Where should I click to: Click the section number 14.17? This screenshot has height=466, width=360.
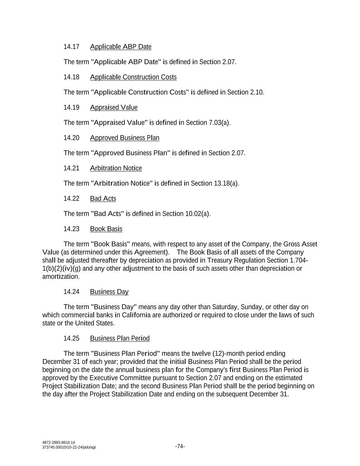point(71,47)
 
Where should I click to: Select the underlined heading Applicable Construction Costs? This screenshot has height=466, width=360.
point(133,77)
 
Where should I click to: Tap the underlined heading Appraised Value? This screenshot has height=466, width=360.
point(114,108)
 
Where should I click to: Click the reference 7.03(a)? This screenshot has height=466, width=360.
point(219,123)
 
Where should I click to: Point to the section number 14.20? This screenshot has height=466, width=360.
point(71,138)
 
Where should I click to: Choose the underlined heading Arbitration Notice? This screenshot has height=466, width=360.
point(116,168)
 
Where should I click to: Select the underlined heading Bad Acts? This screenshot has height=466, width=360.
point(103,199)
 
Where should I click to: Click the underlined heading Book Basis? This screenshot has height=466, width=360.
point(106,229)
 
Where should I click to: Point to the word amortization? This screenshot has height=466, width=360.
point(60,277)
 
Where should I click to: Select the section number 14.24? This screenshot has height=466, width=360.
point(71,292)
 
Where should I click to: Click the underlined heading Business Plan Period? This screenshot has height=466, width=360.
point(120,338)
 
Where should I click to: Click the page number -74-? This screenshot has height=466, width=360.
point(180,446)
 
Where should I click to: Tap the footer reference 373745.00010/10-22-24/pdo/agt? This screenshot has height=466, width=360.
point(69,447)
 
